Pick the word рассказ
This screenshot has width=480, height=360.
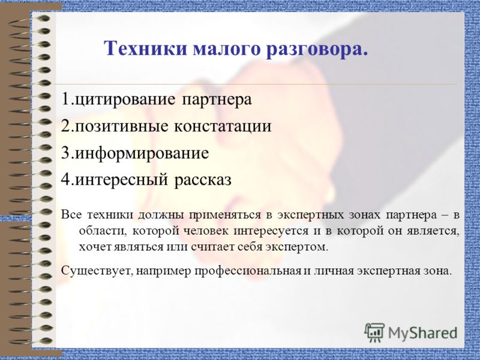coord(203,180)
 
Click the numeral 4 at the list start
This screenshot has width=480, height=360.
coord(65,180)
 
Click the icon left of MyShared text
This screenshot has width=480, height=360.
coord(374,332)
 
